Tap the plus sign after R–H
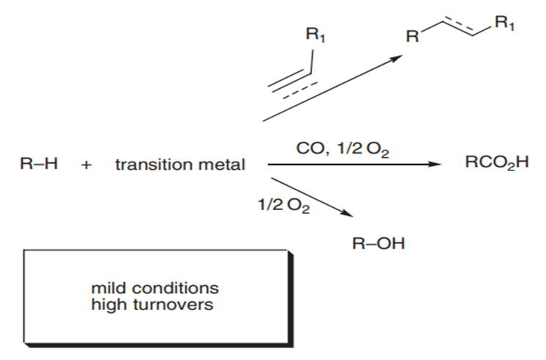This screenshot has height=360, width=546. pyautogui.click(x=87, y=165)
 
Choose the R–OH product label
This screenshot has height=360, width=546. pyautogui.click(x=380, y=242)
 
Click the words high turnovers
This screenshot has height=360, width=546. pyautogui.click(x=153, y=303)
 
